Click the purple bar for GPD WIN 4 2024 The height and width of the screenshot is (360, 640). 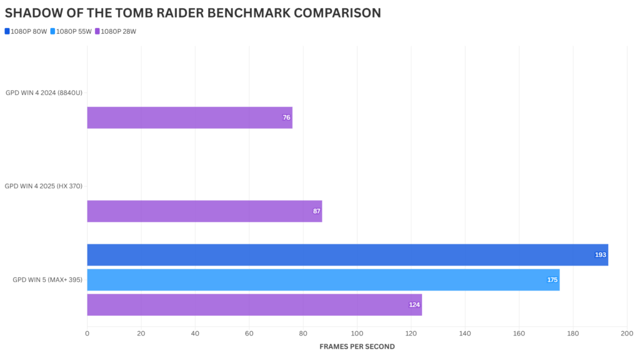click(187, 117)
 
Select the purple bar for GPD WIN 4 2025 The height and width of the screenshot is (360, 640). click(203, 211)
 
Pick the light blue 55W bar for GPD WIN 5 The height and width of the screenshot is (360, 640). click(322, 280)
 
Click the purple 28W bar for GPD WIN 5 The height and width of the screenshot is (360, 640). click(253, 305)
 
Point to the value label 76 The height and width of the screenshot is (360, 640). click(286, 117)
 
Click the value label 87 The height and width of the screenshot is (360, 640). click(317, 211)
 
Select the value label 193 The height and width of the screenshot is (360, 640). click(601, 255)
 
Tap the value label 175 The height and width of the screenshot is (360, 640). click(552, 280)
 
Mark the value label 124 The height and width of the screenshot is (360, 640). click(414, 305)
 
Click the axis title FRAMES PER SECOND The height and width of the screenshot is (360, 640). click(357, 346)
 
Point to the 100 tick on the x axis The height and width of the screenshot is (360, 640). click(357, 334)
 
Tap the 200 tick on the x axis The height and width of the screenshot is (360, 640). click(627, 334)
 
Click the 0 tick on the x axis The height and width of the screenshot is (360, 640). click(87, 334)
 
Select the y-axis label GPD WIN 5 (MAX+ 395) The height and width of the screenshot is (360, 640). click(47, 279)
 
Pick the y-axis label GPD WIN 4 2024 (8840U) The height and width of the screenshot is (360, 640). click(44, 92)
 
